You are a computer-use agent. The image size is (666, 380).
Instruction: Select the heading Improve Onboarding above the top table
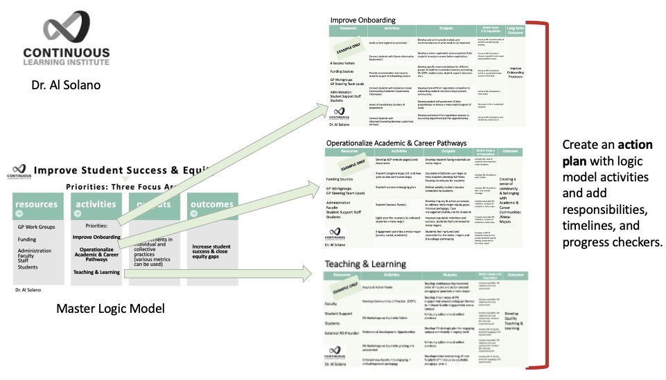tap(362, 20)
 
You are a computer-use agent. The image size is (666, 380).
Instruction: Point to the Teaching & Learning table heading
tap(365, 264)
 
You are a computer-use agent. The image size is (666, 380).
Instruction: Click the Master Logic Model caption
tap(110, 308)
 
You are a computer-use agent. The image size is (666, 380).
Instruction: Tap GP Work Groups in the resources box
tap(37, 227)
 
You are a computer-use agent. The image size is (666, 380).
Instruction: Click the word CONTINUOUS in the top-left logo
tap(66, 52)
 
